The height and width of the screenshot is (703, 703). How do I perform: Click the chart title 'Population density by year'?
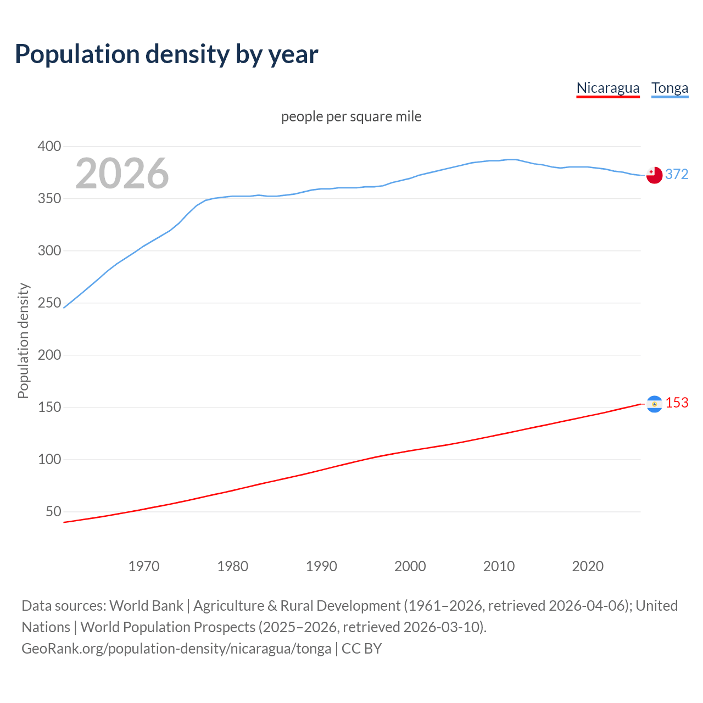tap(166, 54)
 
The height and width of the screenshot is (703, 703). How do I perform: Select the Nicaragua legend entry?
tap(608, 88)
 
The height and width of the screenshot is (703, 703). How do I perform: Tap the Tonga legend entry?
tap(669, 88)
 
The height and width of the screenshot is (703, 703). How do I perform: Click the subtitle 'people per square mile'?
tap(351, 116)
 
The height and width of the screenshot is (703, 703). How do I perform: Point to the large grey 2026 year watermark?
tap(122, 174)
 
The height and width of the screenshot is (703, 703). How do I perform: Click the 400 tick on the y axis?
tap(49, 146)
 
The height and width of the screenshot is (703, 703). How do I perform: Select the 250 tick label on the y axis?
tap(49, 303)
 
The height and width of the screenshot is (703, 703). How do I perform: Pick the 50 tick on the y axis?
tap(53, 511)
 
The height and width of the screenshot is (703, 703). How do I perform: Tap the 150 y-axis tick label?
tap(49, 407)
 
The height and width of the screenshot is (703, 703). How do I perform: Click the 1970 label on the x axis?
tap(144, 566)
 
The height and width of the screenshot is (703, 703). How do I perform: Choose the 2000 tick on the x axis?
tap(410, 566)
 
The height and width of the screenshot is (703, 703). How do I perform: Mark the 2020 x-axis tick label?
tap(588, 566)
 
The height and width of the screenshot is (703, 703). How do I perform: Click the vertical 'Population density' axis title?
tap(23, 341)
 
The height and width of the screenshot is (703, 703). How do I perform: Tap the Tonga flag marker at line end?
tap(654, 175)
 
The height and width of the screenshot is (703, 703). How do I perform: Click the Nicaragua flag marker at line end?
tap(654, 404)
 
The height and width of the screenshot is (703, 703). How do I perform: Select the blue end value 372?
tap(677, 174)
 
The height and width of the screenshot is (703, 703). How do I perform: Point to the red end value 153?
tap(677, 403)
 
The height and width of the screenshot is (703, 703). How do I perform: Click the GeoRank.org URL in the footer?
tap(176, 649)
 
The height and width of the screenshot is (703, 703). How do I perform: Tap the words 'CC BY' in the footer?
tap(361, 649)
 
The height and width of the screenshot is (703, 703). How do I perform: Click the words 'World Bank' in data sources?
tap(146, 606)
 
